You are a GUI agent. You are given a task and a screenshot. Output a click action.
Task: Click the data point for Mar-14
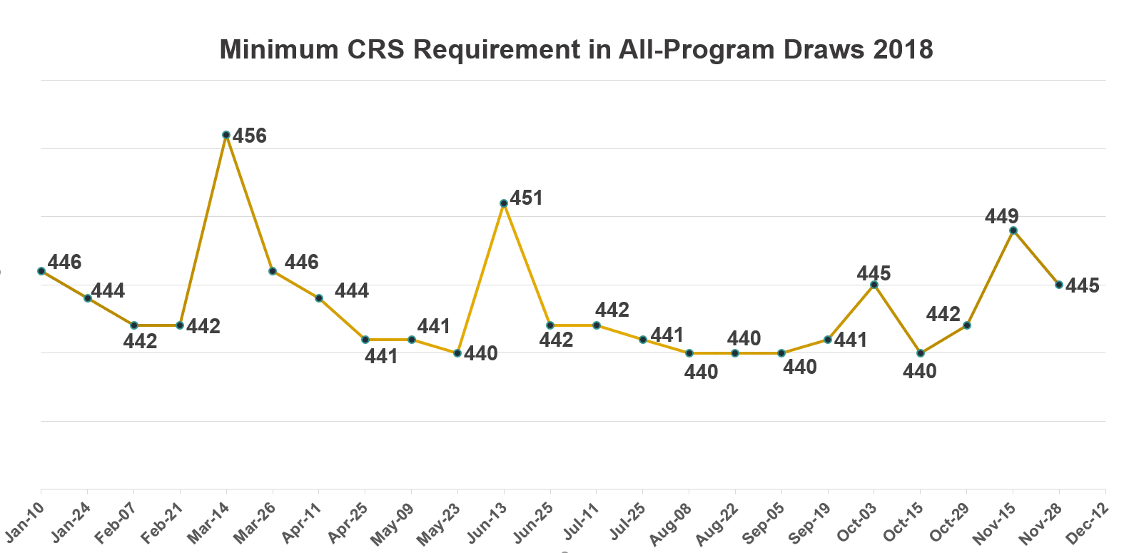[x=226, y=135]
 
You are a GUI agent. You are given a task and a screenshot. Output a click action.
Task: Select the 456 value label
[x=250, y=136]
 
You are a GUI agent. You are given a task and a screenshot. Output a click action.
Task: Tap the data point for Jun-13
[x=504, y=203]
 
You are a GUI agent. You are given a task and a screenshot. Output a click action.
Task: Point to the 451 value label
[x=527, y=198]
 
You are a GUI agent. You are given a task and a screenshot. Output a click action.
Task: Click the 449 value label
[x=1002, y=215]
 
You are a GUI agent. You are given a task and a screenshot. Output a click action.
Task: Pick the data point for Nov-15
[x=1013, y=230]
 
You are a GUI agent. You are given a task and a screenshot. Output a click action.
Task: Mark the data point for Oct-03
[x=874, y=285]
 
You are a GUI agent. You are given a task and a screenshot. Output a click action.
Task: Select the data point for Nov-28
[x=1059, y=285]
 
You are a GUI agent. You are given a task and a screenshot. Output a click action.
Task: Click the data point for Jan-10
[x=41, y=271]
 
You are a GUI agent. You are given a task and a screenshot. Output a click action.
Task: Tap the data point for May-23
[x=458, y=353]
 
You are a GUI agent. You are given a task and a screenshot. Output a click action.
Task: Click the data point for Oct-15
[x=921, y=353]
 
